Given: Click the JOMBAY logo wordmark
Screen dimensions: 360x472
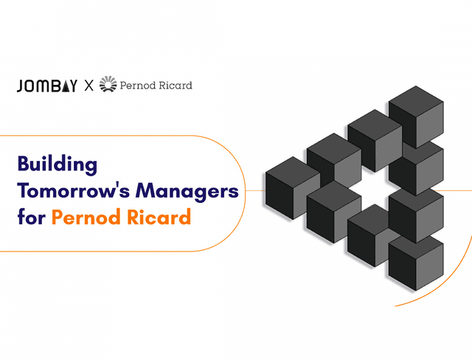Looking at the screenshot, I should point(46,86).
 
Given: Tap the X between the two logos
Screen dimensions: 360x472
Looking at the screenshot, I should point(88,86).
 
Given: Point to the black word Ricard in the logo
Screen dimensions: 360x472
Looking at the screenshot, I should point(176,86).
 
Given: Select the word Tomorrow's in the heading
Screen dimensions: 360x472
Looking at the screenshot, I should point(77,191).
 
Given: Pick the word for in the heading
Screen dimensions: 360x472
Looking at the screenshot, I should point(31,218).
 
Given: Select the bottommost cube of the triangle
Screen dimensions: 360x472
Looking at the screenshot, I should point(415,255).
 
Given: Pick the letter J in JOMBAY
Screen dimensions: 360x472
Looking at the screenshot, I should point(20,86).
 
